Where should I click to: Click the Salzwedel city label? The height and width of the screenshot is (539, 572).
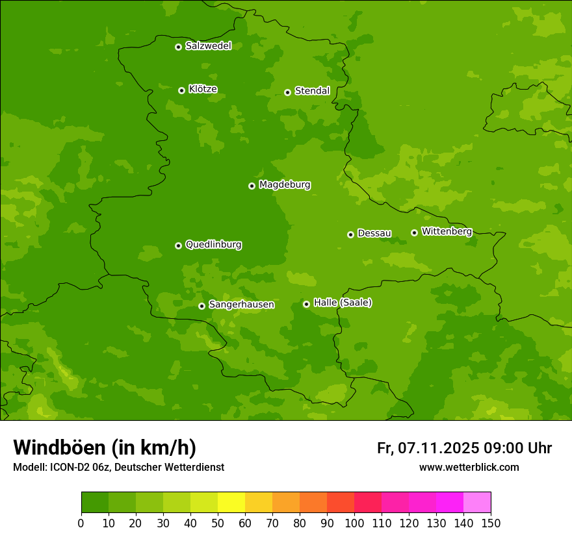pyautogui.click(x=208, y=46)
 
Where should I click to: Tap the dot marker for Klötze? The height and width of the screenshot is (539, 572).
pyautogui.click(x=181, y=90)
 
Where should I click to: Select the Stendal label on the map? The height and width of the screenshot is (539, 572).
pyautogui.click(x=312, y=91)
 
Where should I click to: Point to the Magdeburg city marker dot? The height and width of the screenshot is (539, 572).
pyautogui.click(x=252, y=186)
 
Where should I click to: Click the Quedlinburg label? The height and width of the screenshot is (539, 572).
pyautogui.click(x=213, y=245)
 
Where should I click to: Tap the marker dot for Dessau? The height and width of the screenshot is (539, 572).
pyautogui.click(x=350, y=234)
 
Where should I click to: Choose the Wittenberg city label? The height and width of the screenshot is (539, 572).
pyautogui.click(x=446, y=231)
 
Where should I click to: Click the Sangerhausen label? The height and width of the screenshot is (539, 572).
pyautogui.click(x=241, y=305)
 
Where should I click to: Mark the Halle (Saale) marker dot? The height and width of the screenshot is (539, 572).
pyautogui.click(x=306, y=304)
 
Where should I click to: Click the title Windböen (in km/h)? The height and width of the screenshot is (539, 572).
pyautogui.click(x=105, y=447)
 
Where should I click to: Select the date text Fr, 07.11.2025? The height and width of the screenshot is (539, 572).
pyautogui.click(x=428, y=448)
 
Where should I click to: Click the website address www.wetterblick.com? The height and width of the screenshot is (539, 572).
pyautogui.click(x=469, y=467)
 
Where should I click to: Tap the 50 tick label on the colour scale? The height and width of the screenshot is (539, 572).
pyautogui.click(x=218, y=523)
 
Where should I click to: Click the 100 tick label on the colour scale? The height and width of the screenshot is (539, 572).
pyautogui.click(x=354, y=523)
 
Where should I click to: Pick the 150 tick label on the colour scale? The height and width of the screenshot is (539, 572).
pyautogui.click(x=491, y=523)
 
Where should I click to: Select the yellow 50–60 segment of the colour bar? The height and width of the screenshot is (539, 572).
pyautogui.click(x=231, y=503)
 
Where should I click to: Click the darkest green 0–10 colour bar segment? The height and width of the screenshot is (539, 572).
pyautogui.click(x=95, y=503)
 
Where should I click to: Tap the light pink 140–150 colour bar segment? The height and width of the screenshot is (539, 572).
pyautogui.click(x=477, y=503)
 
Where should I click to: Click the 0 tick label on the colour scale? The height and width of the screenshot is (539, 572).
pyautogui.click(x=81, y=523)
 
